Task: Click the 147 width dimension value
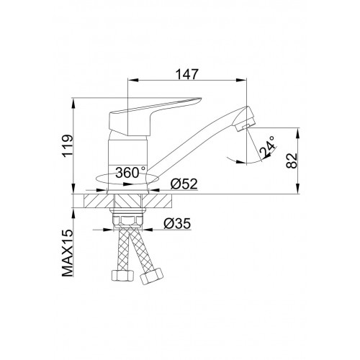tap(187, 74)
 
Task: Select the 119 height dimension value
tap(68, 146)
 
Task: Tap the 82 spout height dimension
tap(292, 161)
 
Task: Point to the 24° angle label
tap(267, 147)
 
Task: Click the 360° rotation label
tap(130, 172)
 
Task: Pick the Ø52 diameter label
tap(184, 184)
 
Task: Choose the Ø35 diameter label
tap(177, 223)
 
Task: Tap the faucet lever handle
tap(153, 113)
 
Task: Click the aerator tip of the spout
tap(245, 119)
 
